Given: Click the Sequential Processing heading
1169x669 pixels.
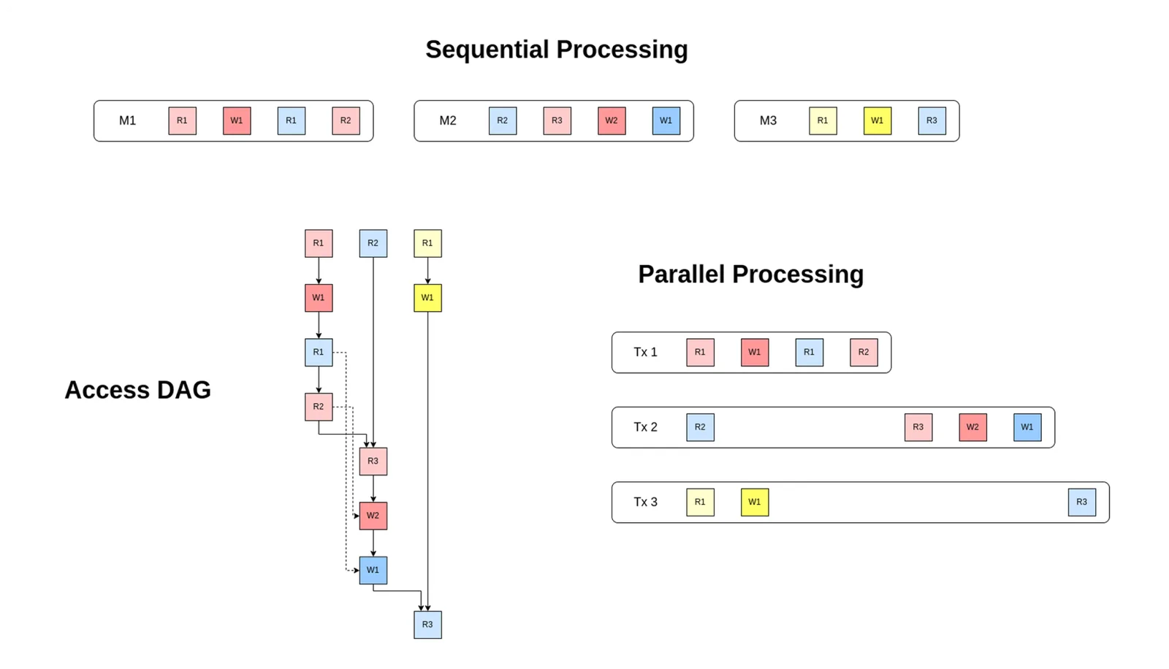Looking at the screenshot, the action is point(556,50).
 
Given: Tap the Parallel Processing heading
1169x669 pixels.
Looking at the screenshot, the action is point(751,275).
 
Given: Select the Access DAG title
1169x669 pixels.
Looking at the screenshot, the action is point(138,390).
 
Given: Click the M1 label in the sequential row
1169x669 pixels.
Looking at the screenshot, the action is point(127,121).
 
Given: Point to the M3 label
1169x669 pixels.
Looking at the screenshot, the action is point(768,121).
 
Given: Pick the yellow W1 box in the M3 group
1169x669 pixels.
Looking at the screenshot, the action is point(877,121).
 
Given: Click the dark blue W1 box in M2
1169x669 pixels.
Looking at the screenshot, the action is point(666,121).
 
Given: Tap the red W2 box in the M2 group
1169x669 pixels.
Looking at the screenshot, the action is point(612,121).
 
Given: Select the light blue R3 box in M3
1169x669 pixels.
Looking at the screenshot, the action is point(932,121).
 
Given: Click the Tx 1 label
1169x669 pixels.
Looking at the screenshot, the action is point(646,352).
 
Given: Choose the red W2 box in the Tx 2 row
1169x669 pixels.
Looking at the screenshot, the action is point(972,427).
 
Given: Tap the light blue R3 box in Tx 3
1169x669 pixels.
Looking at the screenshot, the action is point(1082,502).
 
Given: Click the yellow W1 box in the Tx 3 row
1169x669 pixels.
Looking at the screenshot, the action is point(755,502).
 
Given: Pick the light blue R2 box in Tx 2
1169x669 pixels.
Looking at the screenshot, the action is point(701,427).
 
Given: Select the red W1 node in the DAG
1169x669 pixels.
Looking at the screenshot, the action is point(319,298).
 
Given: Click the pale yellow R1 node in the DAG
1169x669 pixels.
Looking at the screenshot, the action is point(428,243).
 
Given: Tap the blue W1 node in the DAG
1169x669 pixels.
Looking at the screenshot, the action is point(373,570).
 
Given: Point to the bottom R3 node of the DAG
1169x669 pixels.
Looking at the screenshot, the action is point(428,624).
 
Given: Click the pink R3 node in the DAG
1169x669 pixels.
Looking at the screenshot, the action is point(373,462).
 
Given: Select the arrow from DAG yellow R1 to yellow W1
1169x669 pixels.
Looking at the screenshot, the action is point(428,271).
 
